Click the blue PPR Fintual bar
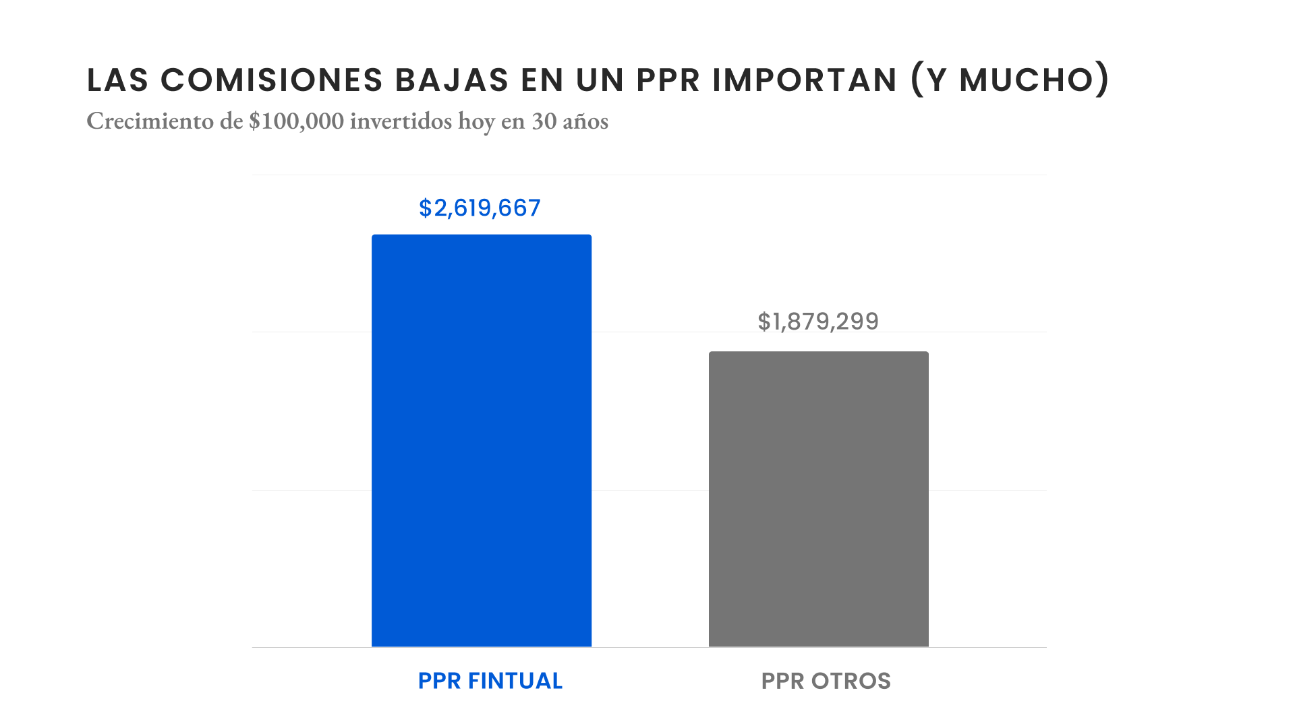point(482,441)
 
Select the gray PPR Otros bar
point(818,499)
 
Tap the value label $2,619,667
point(480,208)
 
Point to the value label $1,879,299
point(818,322)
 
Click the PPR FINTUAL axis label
point(490,681)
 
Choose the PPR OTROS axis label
point(826,681)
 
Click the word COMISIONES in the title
point(272,80)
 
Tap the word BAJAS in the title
point(452,80)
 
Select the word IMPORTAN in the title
point(805,80)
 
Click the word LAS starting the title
point(117,80)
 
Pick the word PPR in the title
point(668,80)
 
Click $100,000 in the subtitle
point(296,121)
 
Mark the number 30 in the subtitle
point(544,121)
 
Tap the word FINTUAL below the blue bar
point(515,681)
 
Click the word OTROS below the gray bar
point(851,681)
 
